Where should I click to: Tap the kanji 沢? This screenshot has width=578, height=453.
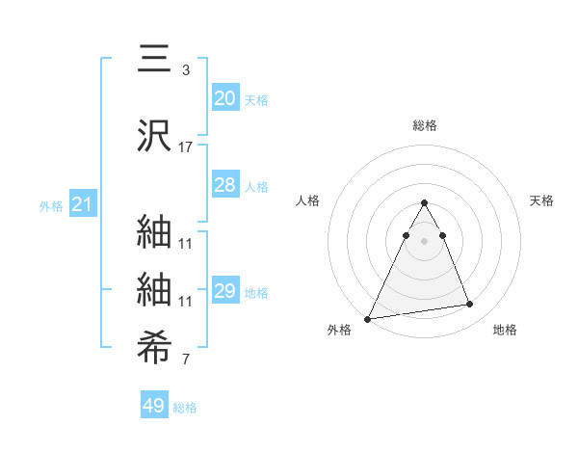tap(155, 137)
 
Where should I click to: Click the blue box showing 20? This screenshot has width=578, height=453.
tap(224, 98)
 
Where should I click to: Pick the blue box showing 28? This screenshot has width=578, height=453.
tap(224, 185)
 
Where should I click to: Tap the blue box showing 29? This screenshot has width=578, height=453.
tap(224, 291)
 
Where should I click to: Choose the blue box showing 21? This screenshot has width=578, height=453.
tap(82, 204)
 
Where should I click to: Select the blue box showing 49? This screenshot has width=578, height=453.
tap(153, 406)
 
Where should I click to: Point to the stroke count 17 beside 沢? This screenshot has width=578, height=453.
tap(186, 147)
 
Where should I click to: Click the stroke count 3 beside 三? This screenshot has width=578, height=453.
tap(186, 70)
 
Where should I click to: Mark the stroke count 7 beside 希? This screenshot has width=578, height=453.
tap(186, 361)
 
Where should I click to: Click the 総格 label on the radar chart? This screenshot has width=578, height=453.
tap(425, 125)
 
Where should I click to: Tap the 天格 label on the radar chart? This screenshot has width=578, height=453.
tap(541, 200)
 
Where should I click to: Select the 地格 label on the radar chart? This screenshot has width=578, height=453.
tap(505, 330)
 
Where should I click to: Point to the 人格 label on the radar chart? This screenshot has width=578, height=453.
tap(308, 200)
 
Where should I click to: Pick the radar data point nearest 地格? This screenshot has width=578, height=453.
tap(469, 305)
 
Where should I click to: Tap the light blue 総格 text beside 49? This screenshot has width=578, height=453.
tap(185, 408)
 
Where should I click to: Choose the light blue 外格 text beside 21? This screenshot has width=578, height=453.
tap(51, 205)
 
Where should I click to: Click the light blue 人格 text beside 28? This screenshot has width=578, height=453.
tap(256, 186)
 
